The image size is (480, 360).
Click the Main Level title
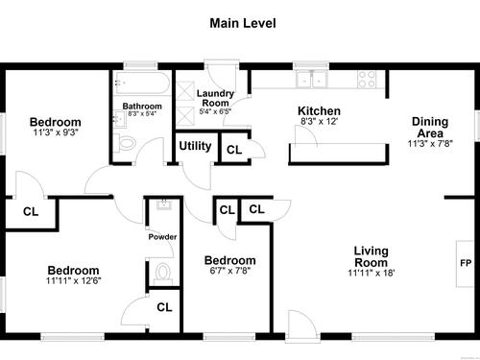click(x=243, y=23)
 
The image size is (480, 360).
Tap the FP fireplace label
click(x=466, y=263)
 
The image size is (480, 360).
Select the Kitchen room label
click(x=319, y=111)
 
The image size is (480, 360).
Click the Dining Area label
click(x=430, y=128)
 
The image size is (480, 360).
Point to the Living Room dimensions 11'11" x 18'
click(x=372, y=273)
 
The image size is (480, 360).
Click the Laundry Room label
click(x=215, y=98)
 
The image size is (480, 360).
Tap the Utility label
click(x=195, y=146)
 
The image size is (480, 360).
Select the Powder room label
click(x=162, y=237)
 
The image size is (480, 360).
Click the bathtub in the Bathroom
click(x=142, y=83)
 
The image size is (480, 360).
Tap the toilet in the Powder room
click(x=163, y=274)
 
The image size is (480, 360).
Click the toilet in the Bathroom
click(x=125, y=143)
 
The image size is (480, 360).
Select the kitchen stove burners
click(x=367, y=79)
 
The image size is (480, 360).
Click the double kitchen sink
click(x=311, y=79)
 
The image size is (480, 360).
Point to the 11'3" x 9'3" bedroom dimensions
click(x=56, y=132)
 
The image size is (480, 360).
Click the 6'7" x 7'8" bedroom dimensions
click(x=230, y=271)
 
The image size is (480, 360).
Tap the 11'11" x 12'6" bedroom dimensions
click(x=73, y=281)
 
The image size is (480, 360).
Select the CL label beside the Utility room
click(x=234, y=150)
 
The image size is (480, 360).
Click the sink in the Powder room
click(x=164, y=204)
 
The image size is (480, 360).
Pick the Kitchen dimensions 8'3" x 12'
click(x=319, y=121)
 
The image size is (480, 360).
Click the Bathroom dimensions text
click(x=142, y=113)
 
